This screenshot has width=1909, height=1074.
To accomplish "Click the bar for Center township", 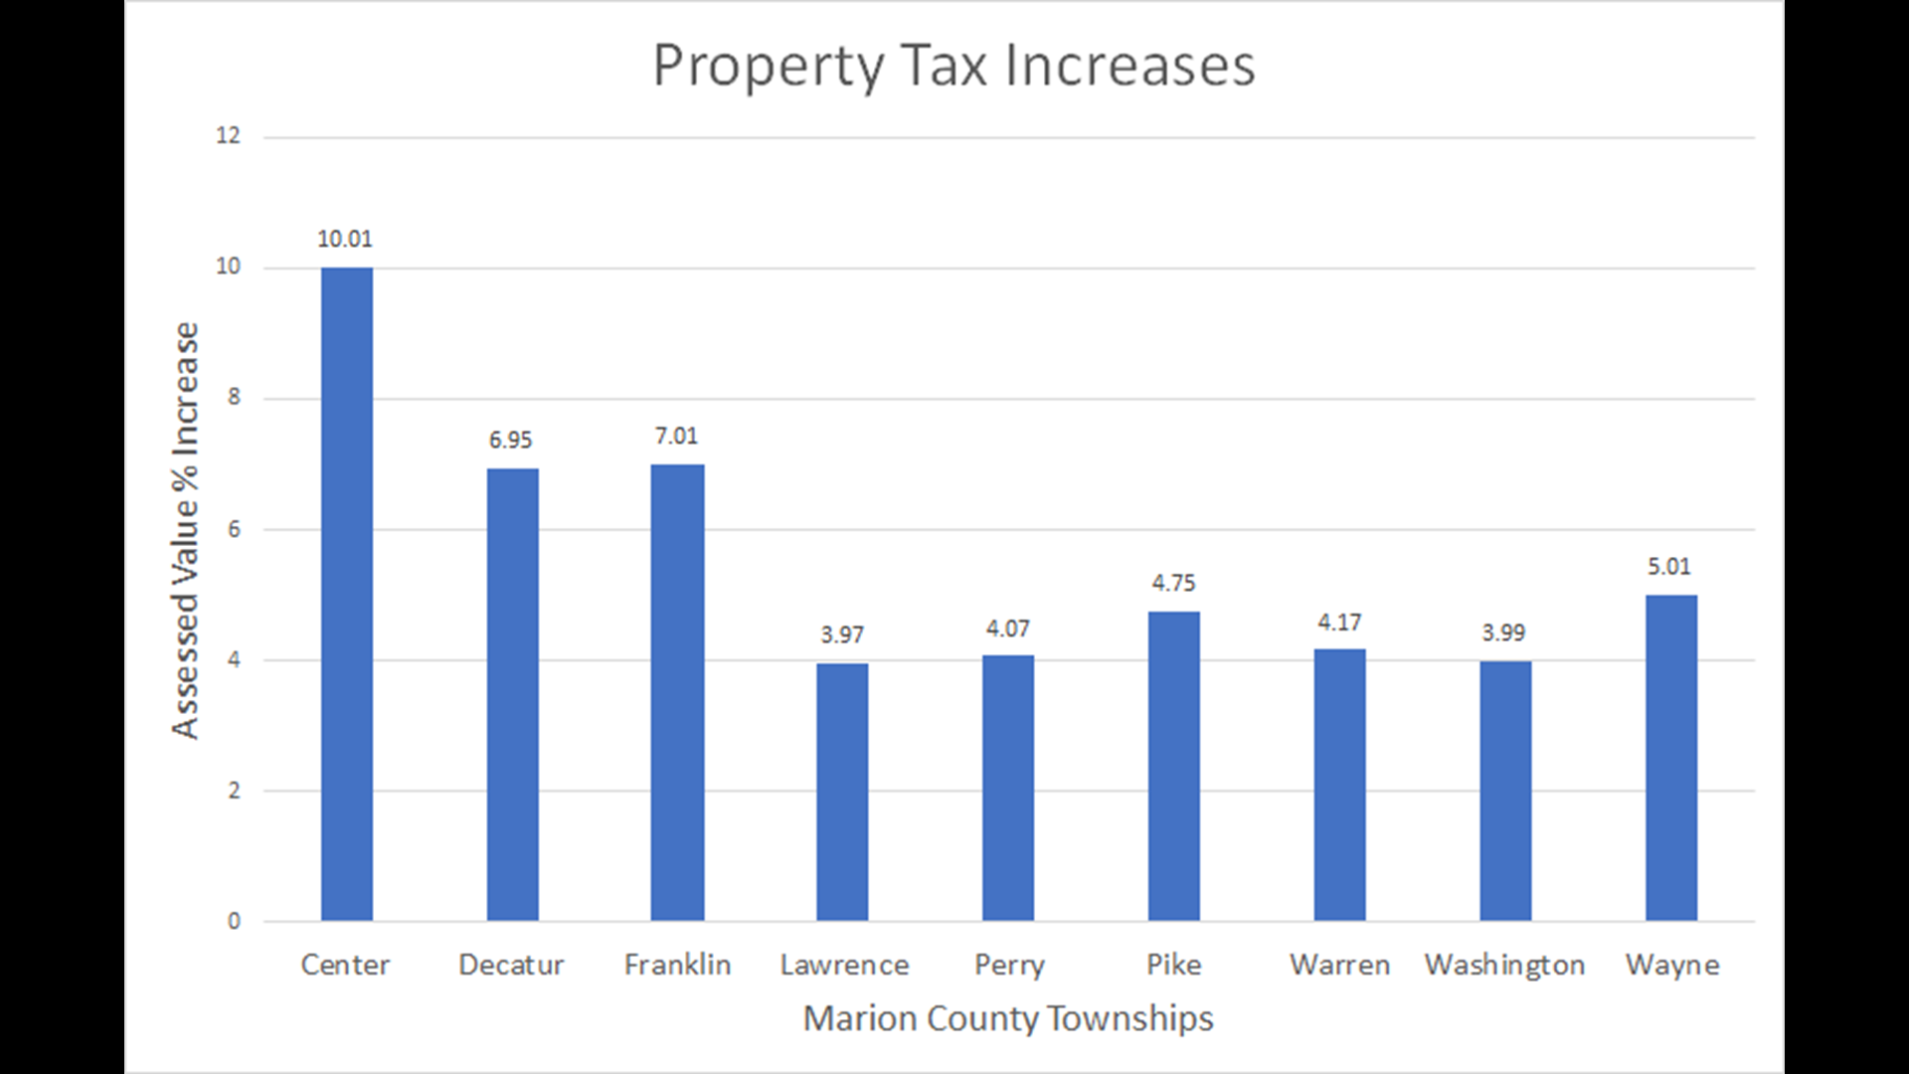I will [346, 595].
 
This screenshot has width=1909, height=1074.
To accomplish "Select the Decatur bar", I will [512, 694].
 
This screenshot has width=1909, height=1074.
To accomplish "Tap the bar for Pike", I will [1173, 766].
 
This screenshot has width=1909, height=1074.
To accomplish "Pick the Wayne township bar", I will [1670, 758].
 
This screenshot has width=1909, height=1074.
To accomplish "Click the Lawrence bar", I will [842, 792].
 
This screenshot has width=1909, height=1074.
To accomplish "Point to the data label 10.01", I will [345, 239].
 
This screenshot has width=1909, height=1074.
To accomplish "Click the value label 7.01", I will [676, 437].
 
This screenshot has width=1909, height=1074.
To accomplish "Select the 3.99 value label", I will [1503, 633].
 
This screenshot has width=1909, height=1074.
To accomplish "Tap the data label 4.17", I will [1339, 623].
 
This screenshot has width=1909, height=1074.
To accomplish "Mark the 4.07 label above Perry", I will [1007, 628].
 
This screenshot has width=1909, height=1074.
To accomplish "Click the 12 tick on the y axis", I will [228, 136].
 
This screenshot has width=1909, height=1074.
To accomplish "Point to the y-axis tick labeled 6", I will [234, 529].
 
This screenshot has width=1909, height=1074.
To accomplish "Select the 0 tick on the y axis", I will [234, 922].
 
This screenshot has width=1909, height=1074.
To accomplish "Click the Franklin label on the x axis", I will [677, 965].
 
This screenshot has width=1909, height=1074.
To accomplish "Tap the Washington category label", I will [1504, 965].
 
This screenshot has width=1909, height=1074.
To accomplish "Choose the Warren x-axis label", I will [1339, 965].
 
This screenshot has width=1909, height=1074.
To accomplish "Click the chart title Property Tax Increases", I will [954, 66].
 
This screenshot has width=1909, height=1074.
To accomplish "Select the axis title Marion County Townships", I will [1007, 1018].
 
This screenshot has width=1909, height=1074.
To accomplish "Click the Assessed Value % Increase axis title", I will [186, 530].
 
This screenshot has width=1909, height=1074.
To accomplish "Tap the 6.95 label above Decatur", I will [510, 441].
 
